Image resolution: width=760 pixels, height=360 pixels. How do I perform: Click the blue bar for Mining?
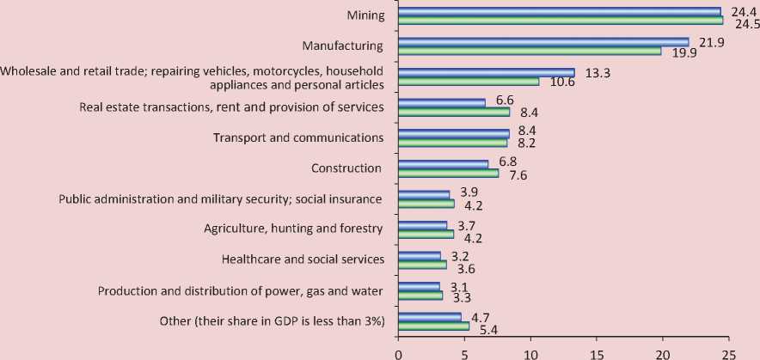click(x=559, y=11)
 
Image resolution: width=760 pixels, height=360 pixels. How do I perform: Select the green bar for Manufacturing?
click(x=530, y=51)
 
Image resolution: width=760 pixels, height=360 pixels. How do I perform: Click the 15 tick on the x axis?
click(x=597, y=351)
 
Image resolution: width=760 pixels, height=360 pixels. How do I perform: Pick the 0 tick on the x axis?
click(x=398, y=351)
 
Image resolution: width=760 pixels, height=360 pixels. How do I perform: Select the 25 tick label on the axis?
click(x=729, y=351)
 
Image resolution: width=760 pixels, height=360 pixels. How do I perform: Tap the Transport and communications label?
click(x=297, y=137)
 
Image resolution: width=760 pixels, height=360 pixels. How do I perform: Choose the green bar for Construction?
click(x=448, y=173)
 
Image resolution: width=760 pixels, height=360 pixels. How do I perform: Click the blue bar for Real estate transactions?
click(x=442, y=103)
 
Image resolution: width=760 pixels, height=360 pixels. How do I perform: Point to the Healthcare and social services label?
click(x=302, y=259)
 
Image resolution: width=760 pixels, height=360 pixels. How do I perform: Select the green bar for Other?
click(x=433, y=326)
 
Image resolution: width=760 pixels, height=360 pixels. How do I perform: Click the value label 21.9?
click(x=710, y=41)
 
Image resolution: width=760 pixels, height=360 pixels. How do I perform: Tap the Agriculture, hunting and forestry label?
click(x=292, y=229)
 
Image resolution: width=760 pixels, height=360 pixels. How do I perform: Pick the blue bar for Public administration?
click(x=424, y=194)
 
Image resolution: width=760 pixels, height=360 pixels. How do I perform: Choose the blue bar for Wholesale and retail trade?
click(x=486, y=72)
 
